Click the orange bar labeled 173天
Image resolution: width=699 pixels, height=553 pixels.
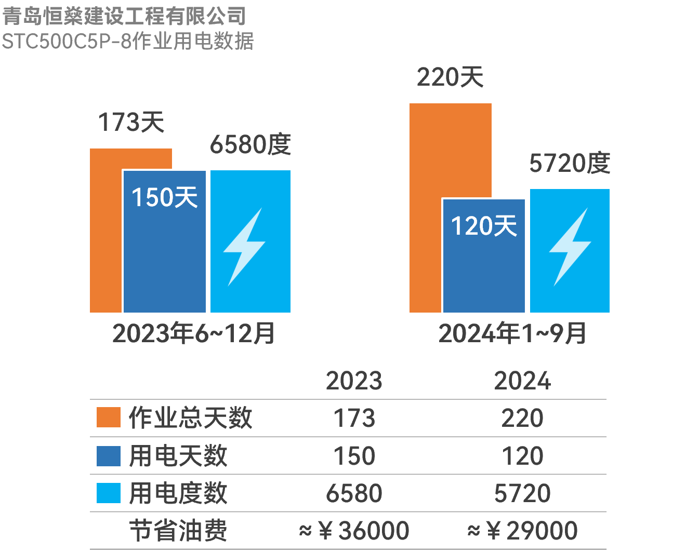pos(106,234)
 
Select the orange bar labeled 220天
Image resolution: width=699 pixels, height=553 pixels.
pos(450,151)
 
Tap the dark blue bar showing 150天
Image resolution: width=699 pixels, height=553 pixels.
pos(165,249)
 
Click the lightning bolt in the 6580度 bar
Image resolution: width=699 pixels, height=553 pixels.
pos(244,247)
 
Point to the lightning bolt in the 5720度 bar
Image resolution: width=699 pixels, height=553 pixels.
pos(570,247)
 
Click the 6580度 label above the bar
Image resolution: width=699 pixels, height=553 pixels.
pos(250,144)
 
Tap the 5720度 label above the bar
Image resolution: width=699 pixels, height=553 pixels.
pos(570,164)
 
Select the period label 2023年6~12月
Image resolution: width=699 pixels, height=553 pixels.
pos(193,333)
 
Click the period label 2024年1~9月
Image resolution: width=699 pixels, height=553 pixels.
pos(512,333)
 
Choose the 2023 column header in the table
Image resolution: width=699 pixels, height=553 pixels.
pos(354,381)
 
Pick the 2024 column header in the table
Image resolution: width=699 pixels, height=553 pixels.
pos(522,381)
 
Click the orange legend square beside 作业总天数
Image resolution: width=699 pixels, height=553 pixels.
pos(109,417)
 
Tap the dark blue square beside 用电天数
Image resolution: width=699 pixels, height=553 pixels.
pos(109,456)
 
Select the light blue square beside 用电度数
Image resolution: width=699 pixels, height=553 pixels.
pos(109,493)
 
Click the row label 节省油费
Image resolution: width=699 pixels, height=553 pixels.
pos(178,531)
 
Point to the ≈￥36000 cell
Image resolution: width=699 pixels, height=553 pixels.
pos(354,531)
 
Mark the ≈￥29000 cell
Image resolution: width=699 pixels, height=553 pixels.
pos(522,531)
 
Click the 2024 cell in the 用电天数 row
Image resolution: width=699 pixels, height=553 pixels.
pos(522,456)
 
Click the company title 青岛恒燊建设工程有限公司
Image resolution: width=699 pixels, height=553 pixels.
pos(124,16)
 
